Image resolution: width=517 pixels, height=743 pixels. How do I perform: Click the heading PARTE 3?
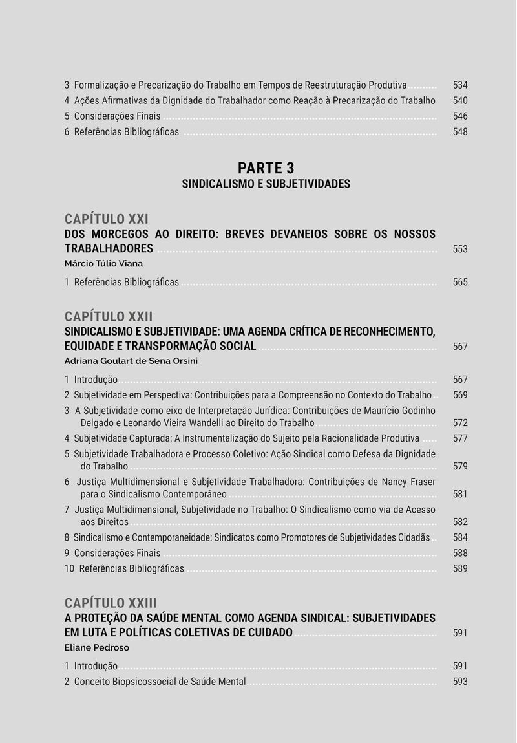[266, 168]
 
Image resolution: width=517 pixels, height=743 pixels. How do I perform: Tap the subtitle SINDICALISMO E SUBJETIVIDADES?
[266, 184]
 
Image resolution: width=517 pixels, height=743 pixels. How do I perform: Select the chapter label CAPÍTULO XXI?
[107, 219]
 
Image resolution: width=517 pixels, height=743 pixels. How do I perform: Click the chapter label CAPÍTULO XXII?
[109, 316]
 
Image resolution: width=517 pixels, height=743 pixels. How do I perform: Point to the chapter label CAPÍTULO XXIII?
[111, 603]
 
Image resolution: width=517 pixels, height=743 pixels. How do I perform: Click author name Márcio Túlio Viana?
[103, 264]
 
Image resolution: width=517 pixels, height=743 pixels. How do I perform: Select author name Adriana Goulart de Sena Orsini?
[131, 361]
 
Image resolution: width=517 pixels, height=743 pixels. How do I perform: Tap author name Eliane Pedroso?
[97, 647]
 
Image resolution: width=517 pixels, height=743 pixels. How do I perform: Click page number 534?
[460, 85]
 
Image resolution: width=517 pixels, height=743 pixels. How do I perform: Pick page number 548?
[460, 132]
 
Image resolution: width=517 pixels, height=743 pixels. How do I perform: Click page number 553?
[460, 249]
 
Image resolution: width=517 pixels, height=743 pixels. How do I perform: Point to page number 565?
[460, 282]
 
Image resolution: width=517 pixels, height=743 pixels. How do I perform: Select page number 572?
[460, 423]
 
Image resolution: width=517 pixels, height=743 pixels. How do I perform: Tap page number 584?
[460, 537]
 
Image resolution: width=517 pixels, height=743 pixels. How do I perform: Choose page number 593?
[460, 682]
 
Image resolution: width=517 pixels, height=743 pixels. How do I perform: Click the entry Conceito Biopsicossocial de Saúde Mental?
[160, 682]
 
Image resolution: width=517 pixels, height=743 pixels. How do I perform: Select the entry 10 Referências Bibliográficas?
[124, 568]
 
